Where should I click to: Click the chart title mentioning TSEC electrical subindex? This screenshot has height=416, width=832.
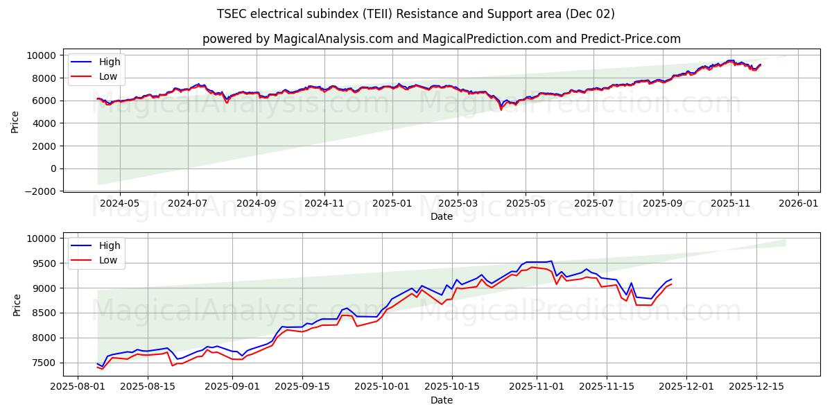[415, 14]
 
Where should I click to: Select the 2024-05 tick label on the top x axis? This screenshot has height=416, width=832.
[120, 204]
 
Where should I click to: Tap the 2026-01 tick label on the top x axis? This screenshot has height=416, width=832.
[798, 204]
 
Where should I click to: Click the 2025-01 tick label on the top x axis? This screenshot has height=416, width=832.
[392, 204]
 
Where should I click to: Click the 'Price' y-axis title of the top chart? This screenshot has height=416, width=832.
[15, 121]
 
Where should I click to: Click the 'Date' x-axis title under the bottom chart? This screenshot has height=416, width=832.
[442, 400]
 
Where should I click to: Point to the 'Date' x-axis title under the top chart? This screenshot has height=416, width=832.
[442, 216]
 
